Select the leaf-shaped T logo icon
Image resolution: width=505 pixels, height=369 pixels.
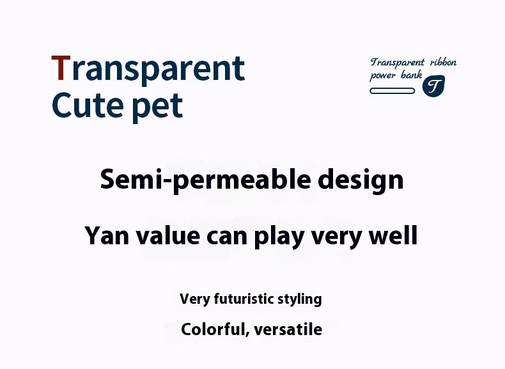point(433,86)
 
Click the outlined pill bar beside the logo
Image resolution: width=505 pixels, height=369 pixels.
point(392,91)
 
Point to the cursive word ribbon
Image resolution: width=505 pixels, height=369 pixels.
point(443,63)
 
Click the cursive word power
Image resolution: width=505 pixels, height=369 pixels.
point(383,77)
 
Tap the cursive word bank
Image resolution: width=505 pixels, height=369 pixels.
point(412,76)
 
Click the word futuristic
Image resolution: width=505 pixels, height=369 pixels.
point(240,299)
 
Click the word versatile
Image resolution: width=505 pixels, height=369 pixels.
point(288,329)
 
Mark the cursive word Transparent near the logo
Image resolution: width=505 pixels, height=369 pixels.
point(397,63)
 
